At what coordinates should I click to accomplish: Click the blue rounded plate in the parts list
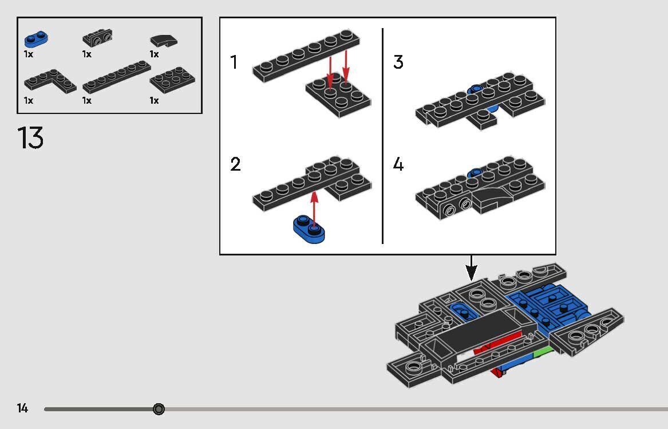click(x=35, y=39)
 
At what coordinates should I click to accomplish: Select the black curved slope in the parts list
click(x=164, y=40)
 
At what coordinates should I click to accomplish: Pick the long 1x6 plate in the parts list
click(x=116, y=77)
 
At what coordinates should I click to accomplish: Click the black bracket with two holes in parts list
click(x=97, y=38)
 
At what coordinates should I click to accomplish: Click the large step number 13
click(x=30, y=138)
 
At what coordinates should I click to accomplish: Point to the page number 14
click(x=22, y=408)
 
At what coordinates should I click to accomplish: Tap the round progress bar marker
click(x=159, y=409)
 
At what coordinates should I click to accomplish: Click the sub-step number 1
click(x=234, y=62)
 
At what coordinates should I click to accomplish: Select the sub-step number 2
click(x=235, y=165)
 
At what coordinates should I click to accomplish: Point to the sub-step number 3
click(x=398, y=62)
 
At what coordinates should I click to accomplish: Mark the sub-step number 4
click(x=398, y=165)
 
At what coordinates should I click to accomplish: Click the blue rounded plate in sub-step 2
click(x=309, y=229)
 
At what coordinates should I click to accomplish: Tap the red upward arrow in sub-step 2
click(x=314, y=206)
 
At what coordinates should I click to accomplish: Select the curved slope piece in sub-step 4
click(x=493, y=201)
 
